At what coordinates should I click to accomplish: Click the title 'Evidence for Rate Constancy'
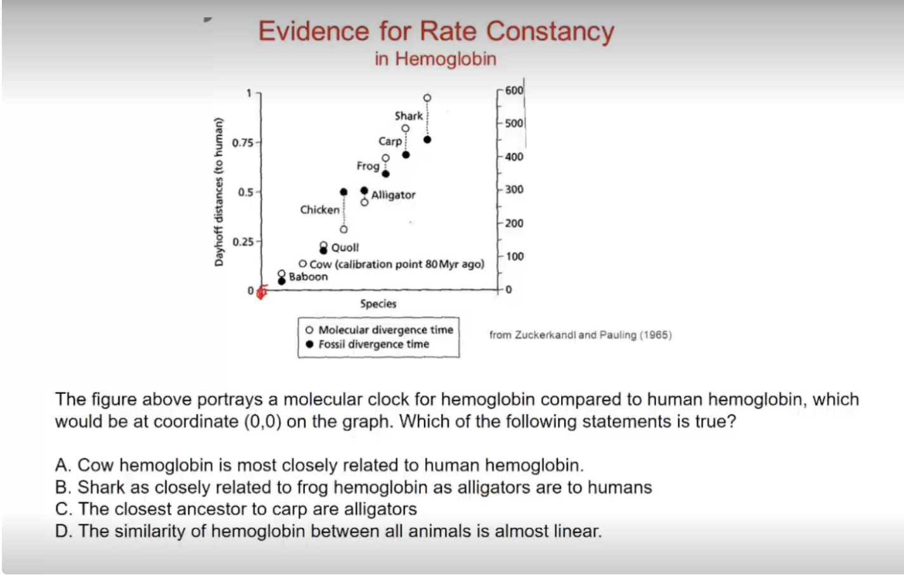click(436, 31)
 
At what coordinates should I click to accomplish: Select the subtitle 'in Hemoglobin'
click(436, 59)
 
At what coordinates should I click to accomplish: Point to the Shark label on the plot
click(408, 116)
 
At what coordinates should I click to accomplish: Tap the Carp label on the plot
click(390, 141)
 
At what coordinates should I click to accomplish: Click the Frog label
click(368, 166)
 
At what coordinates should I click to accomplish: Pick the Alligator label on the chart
click(393, 195)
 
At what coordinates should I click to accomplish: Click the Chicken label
click(320, 210)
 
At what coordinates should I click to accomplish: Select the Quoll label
click(345, 248)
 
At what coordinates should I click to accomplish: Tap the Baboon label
click(308, 277)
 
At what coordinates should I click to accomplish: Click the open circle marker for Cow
click(302, 264)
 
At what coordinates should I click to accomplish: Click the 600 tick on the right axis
click(514, 91)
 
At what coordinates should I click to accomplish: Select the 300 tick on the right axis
click(514, 189)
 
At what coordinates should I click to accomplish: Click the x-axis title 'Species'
click(378, 304)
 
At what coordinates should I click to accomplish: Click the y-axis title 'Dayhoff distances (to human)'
click(219, 192)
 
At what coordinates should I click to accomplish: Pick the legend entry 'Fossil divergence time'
click(373, 344)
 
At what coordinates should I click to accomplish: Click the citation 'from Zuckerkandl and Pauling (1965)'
click(580, 335)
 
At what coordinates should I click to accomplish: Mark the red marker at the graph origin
click(261, 292)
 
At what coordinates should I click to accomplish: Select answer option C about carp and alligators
click(236, 509)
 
